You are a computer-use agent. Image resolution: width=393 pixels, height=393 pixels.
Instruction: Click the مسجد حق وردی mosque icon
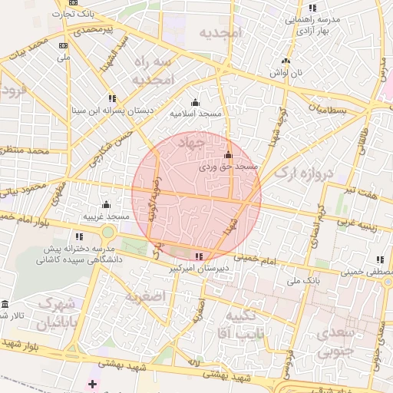coord(227,155)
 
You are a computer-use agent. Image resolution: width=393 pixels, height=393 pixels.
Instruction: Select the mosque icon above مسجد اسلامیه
coord(195,103)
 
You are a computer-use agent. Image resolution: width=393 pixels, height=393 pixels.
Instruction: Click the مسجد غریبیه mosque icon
coord(106,205)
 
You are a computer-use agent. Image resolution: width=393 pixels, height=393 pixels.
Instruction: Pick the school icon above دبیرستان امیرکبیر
coord(200,257)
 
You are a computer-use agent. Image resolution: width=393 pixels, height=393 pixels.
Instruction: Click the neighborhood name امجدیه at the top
coord(220,33)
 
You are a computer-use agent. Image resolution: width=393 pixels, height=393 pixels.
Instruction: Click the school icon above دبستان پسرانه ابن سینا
coord(113,98)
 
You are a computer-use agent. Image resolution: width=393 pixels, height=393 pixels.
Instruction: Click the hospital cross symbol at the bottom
coord(93,383)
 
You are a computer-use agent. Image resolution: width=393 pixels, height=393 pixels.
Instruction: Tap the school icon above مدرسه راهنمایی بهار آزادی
coord(312,8)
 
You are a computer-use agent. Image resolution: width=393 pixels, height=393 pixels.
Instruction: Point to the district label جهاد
coord(190,143)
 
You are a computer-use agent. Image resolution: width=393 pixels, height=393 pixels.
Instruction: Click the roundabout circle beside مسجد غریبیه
coord(107,232)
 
